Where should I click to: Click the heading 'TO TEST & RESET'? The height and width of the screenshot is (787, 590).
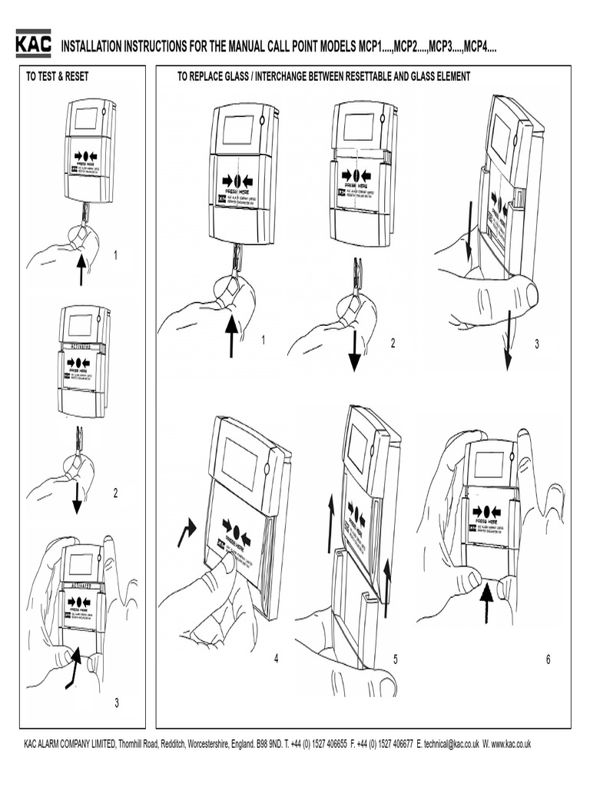click(58, 76)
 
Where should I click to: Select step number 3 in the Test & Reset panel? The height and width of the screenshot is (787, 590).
click(116, 702)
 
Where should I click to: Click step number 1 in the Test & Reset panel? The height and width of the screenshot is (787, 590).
click(116, 255)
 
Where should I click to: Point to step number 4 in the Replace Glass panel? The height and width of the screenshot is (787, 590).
click(275, 659)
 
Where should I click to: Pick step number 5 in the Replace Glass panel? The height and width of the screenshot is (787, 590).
click(395, 659)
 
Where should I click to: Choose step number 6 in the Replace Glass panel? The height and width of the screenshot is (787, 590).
click(549, 659)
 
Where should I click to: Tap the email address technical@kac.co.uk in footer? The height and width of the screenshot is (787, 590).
click(452, 744)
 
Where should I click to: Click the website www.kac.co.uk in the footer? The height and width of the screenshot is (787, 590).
click(512, 744)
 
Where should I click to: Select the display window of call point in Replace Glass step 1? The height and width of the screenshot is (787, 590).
click(238, 130)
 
